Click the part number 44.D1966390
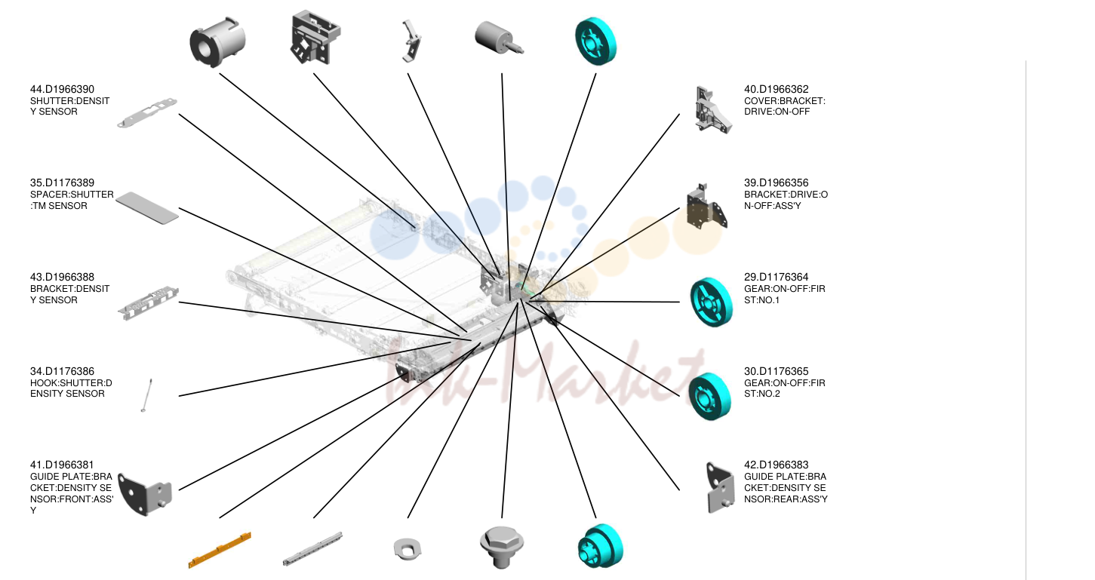coord(62,90)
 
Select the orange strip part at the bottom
coord(220,550)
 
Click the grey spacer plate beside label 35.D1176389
coord(147,207)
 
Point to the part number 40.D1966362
coord(777,90)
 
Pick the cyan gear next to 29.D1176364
coord(712,302)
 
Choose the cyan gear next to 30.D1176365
coord(709,396)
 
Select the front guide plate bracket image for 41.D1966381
coord(145,493)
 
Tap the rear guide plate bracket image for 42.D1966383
coord(720,488)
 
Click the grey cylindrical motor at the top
coord(499,37)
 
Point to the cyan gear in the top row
coord(595,41)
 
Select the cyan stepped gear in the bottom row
coord(600,546)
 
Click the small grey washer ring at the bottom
coord(408,549)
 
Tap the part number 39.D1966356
coord(777,183)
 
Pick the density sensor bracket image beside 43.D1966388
coord(148,302)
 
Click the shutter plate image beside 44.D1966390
coord(146,113)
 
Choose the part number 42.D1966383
coord(777,465)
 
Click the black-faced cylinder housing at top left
coord(217,42)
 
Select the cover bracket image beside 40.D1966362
coord(712,110)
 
